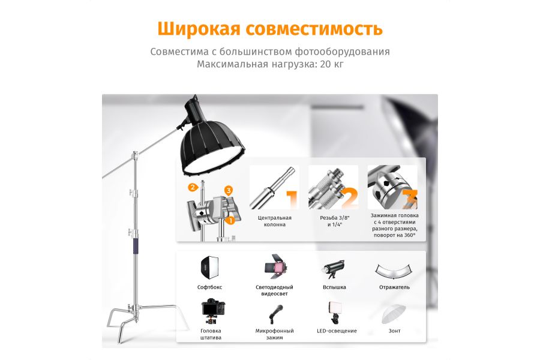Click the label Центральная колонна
[x=274, y=221]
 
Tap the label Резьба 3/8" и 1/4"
[x=333, y=221]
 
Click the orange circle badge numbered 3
[x=229, y=190]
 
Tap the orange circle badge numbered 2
[x=193, y=187]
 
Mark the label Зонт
[x=394, y=331]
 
